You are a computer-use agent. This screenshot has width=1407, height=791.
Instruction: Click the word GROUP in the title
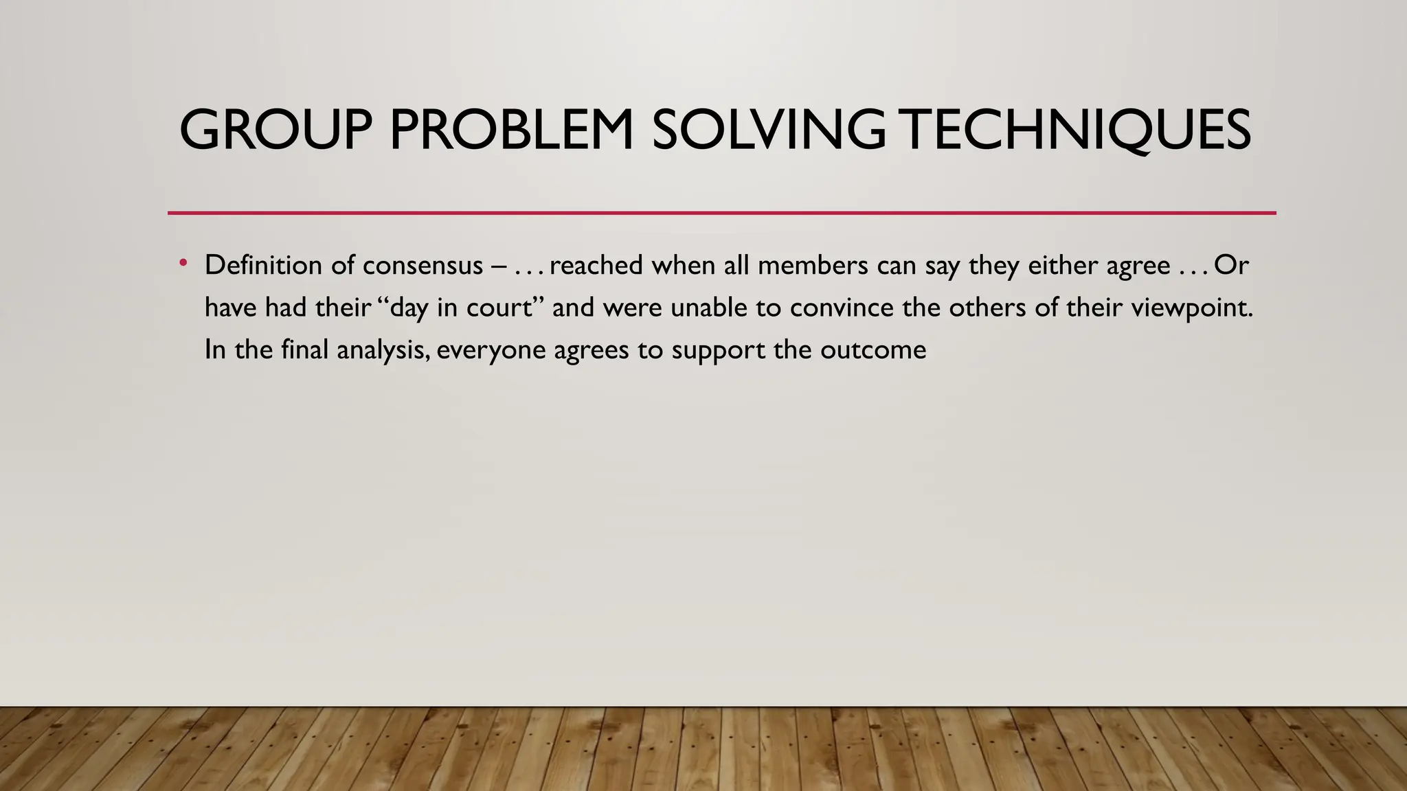point(275,130)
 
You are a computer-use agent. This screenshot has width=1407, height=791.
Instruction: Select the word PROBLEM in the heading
point(512,130)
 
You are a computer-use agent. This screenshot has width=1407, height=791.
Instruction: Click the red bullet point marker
point(183,263)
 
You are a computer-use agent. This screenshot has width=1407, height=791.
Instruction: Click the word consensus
point(423,265)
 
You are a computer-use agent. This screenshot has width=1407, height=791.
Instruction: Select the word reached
point(596,265)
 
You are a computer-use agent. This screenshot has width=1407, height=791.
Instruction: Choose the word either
point(1064,265)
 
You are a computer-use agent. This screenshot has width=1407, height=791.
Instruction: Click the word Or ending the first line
point(1231,265)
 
